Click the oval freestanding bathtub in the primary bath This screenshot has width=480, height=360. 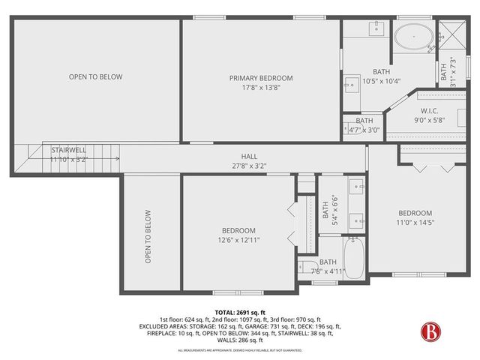[x=413, y=35]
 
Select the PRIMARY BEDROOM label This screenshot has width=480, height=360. [x=261, y=77]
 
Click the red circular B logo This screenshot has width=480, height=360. [x=430, y=331]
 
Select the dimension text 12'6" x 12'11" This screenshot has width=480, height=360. [x=238, y=240]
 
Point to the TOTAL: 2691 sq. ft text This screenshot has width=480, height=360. [x=239, y=312]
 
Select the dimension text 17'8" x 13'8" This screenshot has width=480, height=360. [x=261, y=87]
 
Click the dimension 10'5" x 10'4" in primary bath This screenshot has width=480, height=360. [x=381, y=81]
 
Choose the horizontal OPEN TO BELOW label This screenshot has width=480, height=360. [x=95, y=76]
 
